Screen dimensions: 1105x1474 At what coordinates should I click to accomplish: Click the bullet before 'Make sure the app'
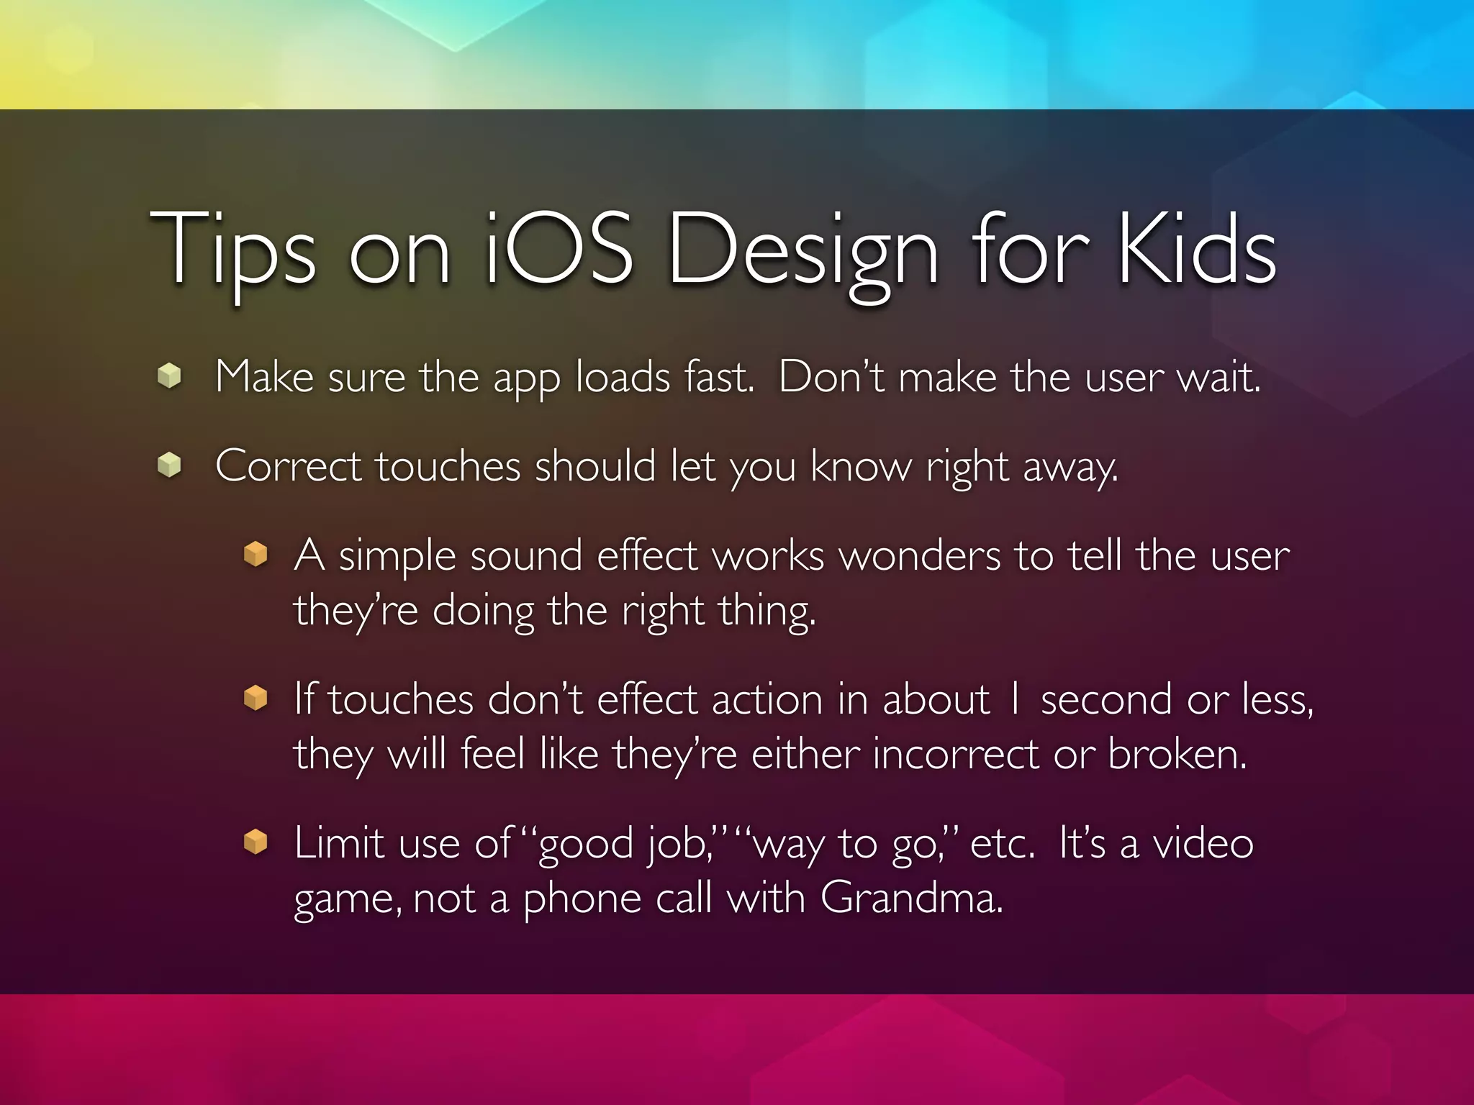169,376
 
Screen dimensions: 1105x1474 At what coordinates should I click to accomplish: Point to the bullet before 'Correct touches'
169,465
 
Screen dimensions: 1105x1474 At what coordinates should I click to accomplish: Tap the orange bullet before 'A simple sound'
256,554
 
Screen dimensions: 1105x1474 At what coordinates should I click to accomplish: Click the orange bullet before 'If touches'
256,698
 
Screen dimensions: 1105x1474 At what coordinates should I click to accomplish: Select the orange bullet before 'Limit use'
256,842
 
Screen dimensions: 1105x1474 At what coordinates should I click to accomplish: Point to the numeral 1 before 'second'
1015,699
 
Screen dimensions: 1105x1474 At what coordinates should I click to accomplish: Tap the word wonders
919,556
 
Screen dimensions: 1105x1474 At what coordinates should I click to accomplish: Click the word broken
1176,754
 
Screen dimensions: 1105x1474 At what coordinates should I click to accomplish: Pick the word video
1203,843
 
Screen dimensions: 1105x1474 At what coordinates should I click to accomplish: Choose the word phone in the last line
581,899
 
